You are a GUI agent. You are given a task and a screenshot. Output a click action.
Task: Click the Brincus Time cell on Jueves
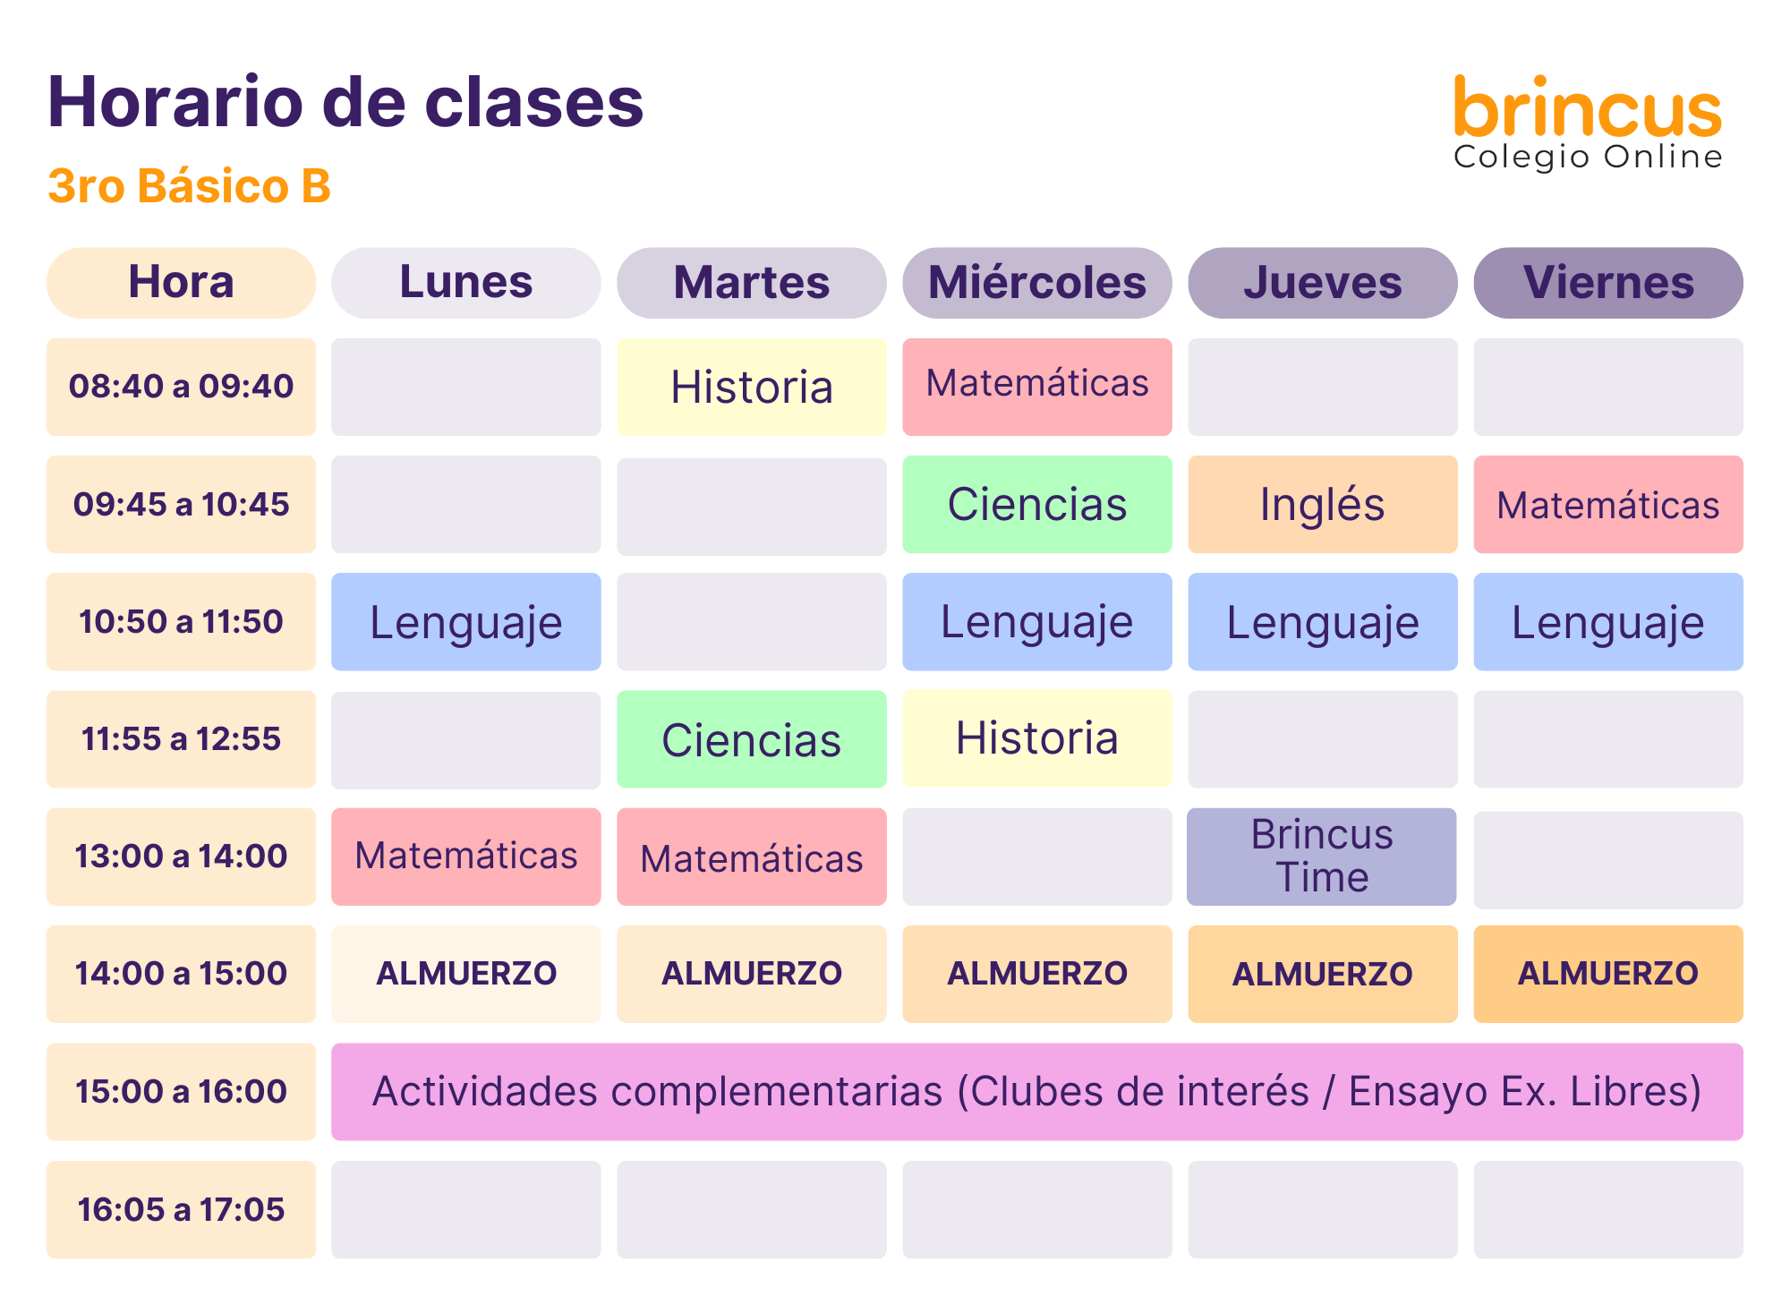[x=1322, y=857]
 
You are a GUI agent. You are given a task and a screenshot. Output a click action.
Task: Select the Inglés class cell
[x=1322, y=504]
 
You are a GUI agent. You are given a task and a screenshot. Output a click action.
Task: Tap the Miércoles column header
[x=1037, y=283]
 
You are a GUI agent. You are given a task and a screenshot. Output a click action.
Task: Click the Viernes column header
[x=1608, y=283]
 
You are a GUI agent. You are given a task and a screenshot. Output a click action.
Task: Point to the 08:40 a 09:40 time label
[x=181, y=387]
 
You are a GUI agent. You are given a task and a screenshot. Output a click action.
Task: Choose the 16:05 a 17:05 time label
[x=181, y=1210]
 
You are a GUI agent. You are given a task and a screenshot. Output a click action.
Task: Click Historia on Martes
[x=752, y=387]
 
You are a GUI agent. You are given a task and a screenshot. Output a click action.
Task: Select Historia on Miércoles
[x=1037, y=738]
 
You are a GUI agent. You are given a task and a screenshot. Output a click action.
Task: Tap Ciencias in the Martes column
[x=752, y=739]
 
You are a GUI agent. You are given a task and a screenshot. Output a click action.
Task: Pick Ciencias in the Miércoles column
[x=1037, y=504]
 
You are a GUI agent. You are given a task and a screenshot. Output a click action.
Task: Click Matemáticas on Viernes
[x=1608, y=504]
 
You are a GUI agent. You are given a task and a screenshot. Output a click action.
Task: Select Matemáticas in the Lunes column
[x=466, y=857]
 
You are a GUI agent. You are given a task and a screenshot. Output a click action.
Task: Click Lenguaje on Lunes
[x=466, y=621]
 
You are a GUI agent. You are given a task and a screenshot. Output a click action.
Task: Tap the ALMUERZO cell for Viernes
[x=1608, y=974]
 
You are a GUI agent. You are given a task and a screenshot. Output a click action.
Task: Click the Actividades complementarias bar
[x=1037, y=1092]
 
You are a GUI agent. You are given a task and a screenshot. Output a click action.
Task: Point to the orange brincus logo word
[x=1588, y=107]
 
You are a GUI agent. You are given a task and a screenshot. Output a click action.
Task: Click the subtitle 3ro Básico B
[x=189, y=186]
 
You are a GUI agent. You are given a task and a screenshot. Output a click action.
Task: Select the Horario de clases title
[x=345, y=102]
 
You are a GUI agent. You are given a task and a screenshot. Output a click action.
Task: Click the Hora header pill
[x=181, y=283]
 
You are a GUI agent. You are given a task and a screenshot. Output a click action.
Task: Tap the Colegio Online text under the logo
[x=1588, y=157]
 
